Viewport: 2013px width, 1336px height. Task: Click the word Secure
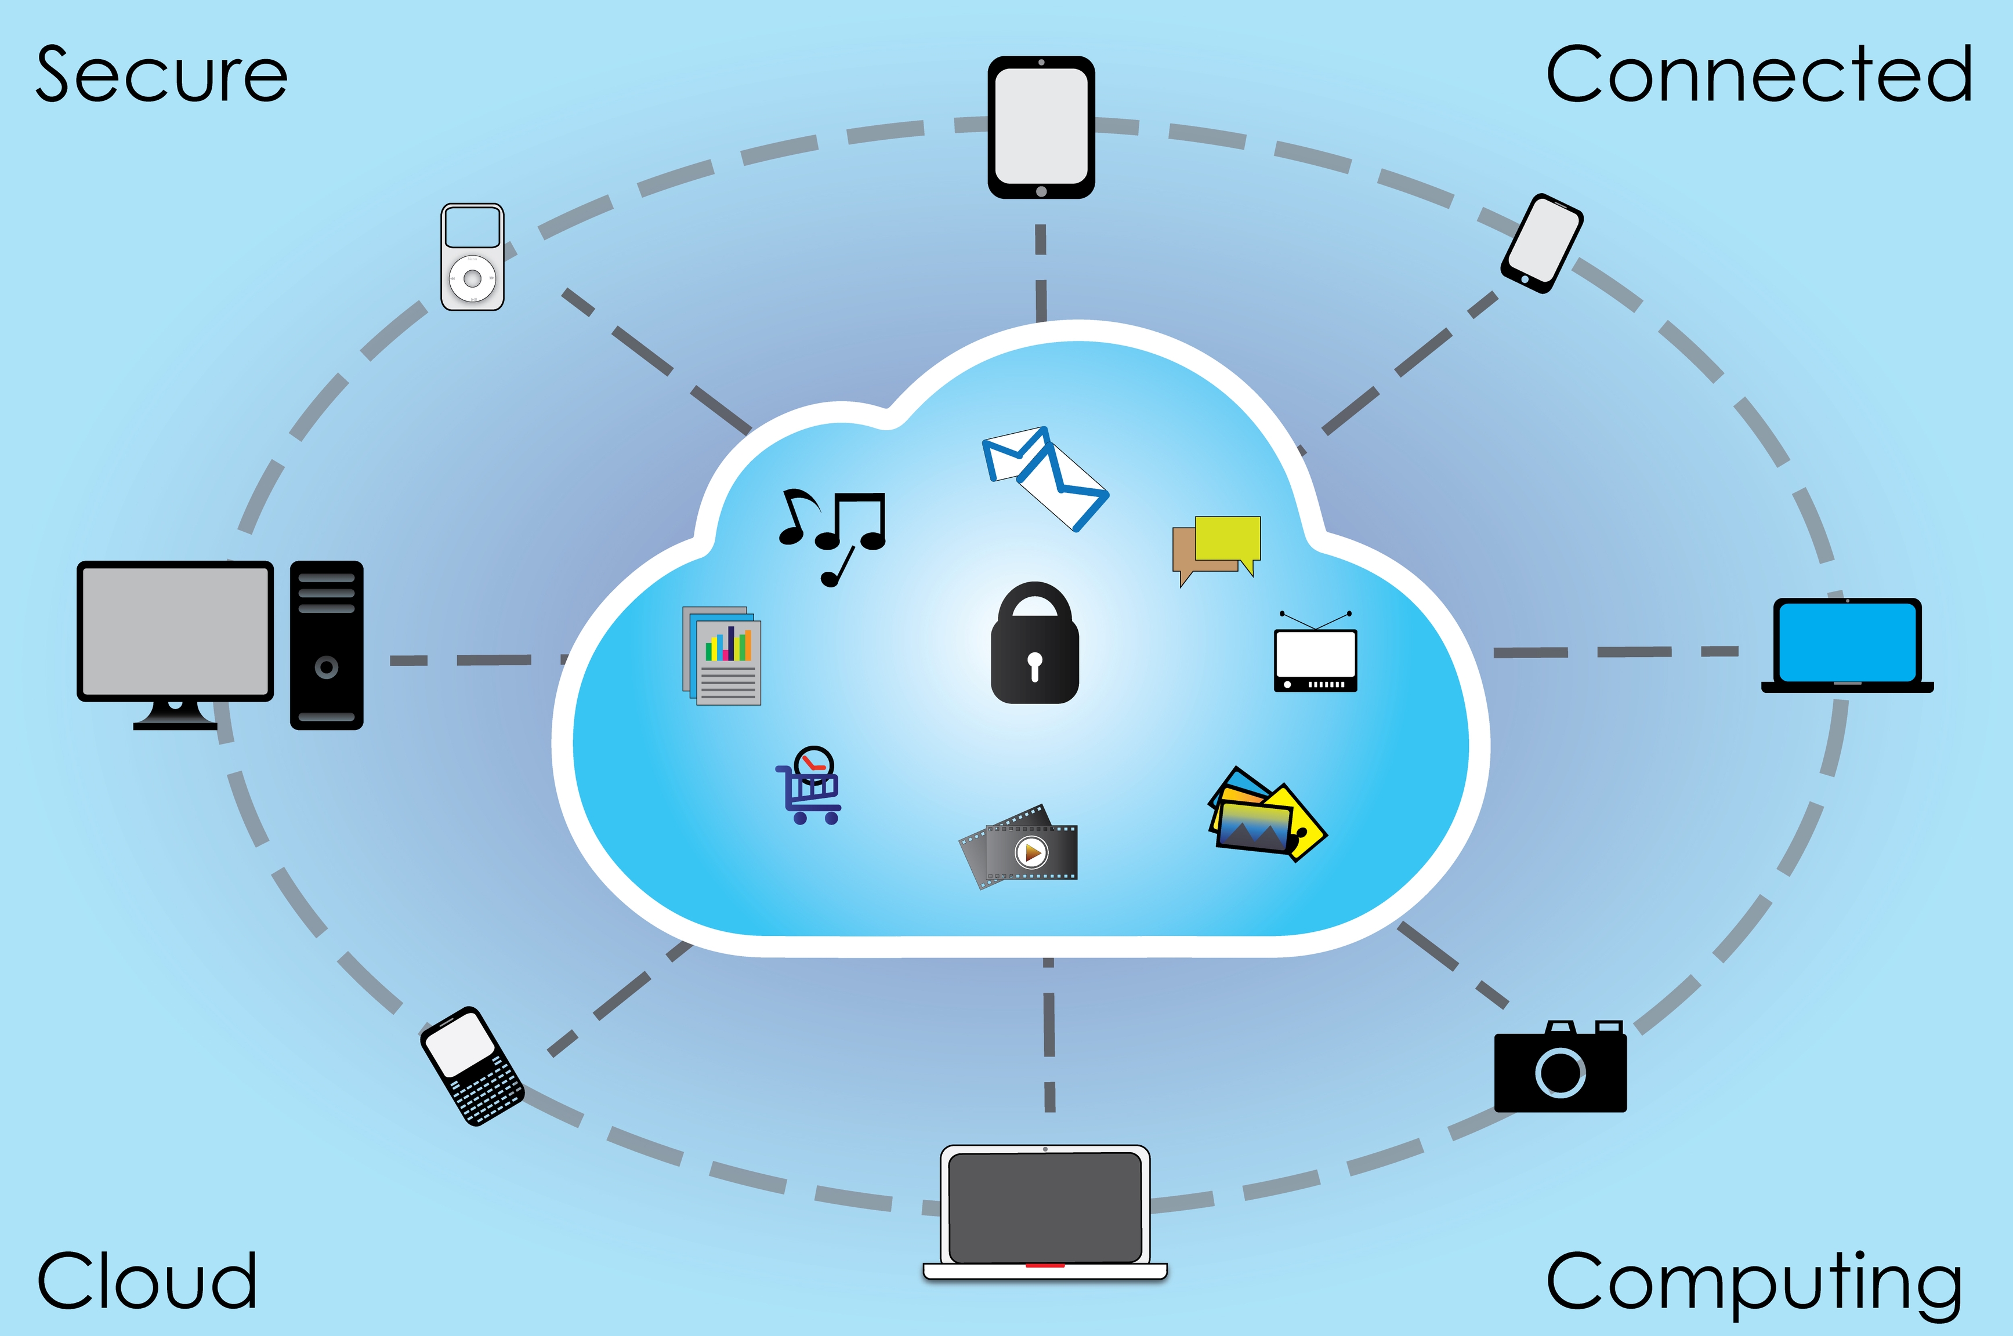(161, 75)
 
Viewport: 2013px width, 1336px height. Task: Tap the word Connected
(1758, 75)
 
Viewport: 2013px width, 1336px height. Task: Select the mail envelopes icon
(1045, 477)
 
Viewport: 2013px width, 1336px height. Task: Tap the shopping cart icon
(810, 788)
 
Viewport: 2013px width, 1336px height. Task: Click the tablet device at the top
(1041, 127)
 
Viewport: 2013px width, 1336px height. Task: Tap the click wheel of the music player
(472, 278)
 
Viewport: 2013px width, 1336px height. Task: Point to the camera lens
(1561, 1072)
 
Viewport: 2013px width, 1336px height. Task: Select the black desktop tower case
(327, 645)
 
